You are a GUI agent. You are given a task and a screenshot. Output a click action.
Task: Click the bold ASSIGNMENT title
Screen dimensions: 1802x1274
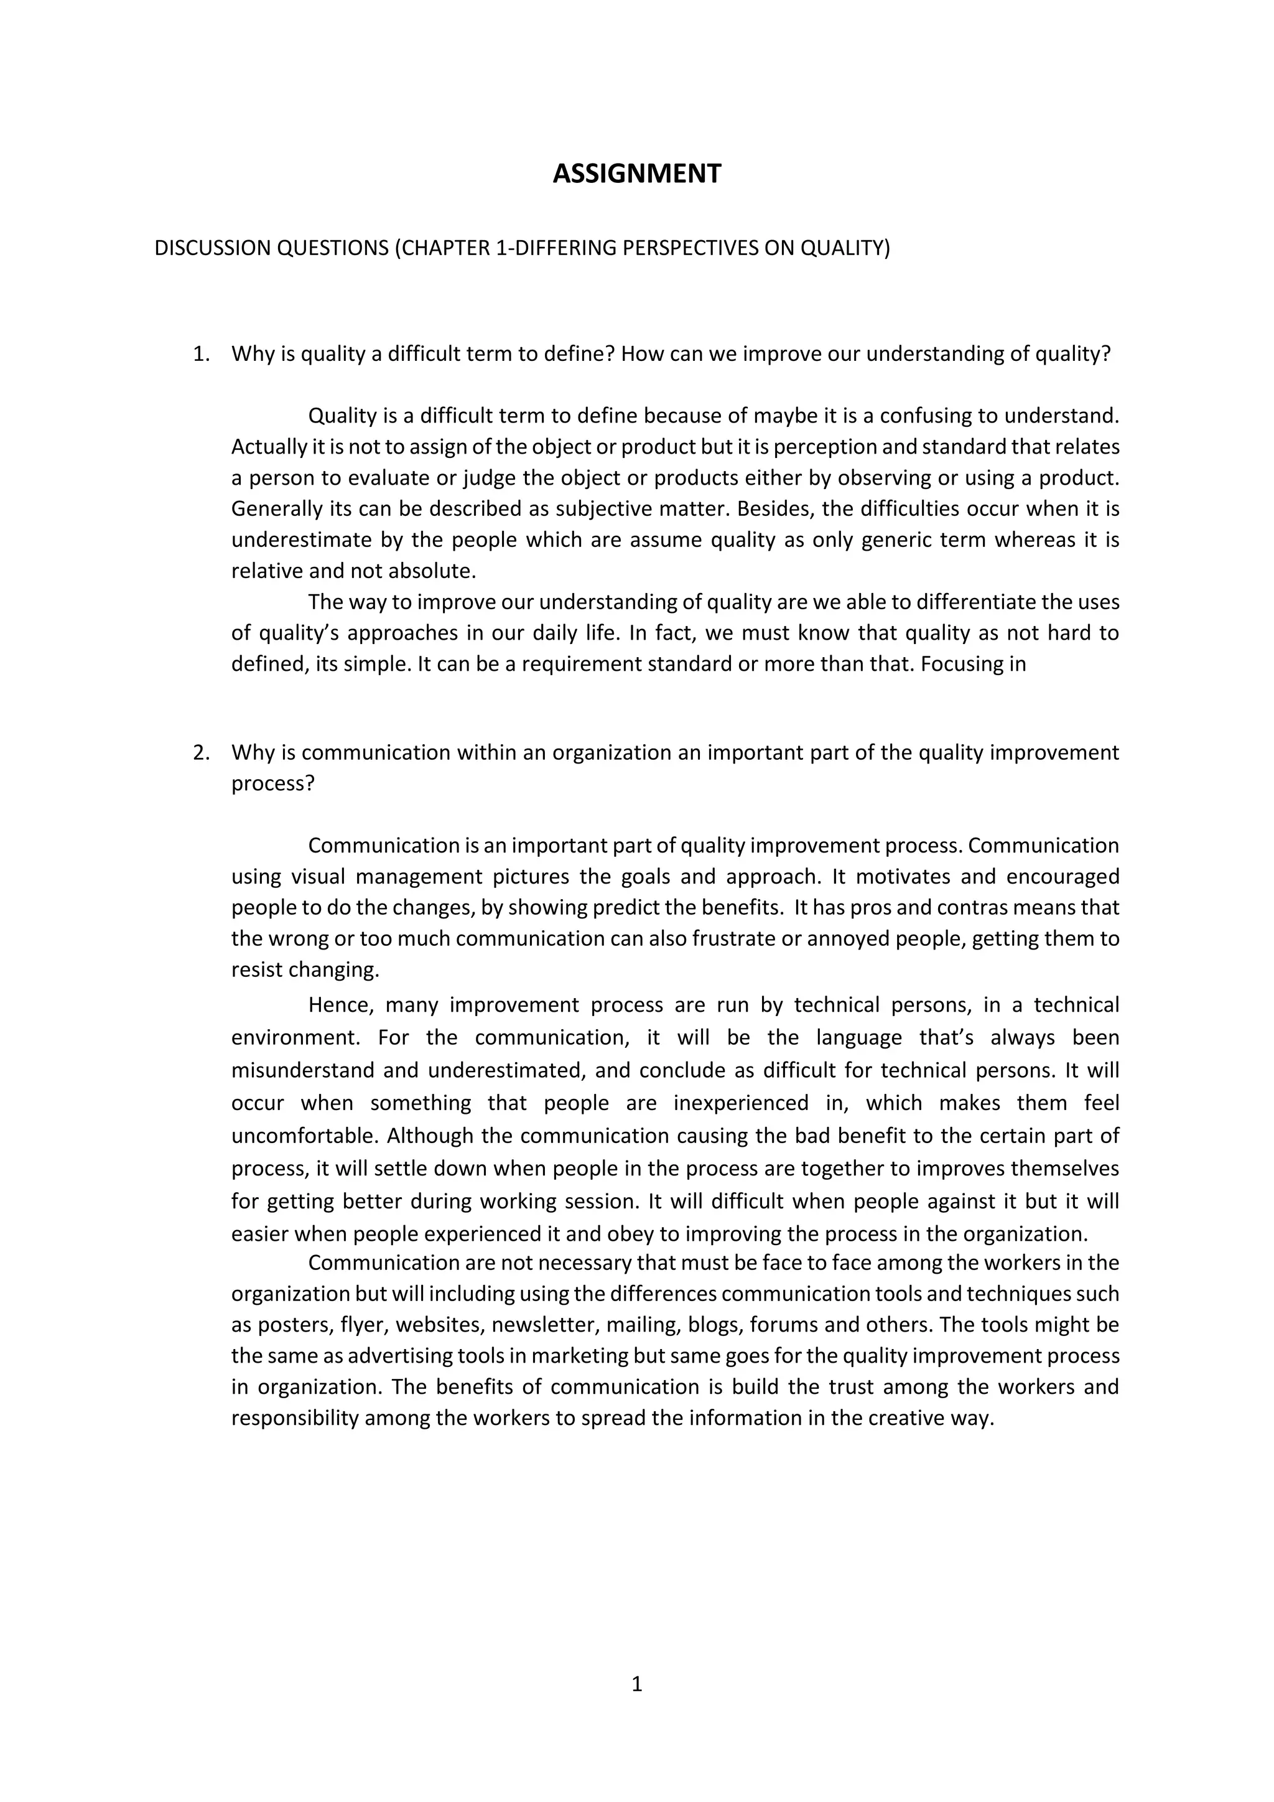pos(636,174)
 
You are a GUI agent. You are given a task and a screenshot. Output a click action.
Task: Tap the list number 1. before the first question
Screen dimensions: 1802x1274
pos(201,354)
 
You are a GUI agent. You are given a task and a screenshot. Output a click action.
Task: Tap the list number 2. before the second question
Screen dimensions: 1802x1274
pos(201,753)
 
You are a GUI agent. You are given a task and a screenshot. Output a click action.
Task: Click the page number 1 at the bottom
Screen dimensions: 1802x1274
pos(636,1684)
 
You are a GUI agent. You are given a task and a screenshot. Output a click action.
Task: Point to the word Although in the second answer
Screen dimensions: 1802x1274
pos(430,1136)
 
